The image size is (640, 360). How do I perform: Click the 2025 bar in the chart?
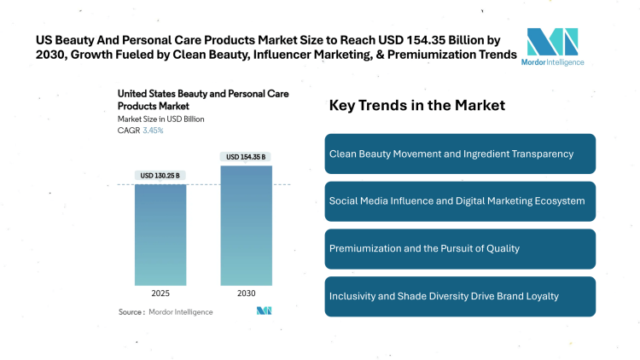click(x=160, y=234)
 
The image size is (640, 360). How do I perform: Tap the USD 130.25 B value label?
click(x=160, y=176)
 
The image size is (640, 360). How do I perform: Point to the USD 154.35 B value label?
click(x=246, y=157)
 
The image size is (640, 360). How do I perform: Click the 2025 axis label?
click(x=160, y=293)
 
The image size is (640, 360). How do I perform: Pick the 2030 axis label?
click(x=246, y=293)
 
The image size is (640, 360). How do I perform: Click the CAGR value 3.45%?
click(x=153, y=131)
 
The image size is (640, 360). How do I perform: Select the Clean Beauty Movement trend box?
click(x=460, y=154)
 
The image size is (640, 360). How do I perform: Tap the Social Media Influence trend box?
click(x=460, y=201)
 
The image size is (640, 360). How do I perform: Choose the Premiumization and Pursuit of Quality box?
click(x=460, y=248)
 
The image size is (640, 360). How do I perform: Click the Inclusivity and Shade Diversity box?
click(x=460, y=296)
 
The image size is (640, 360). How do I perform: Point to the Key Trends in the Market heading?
click(x=417, y=106)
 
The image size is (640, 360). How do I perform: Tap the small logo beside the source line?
click(x=264, y=311)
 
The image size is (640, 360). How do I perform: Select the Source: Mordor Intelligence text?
click(x=166, y=312)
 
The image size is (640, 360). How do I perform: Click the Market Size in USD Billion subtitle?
click(x=161, y=119)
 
